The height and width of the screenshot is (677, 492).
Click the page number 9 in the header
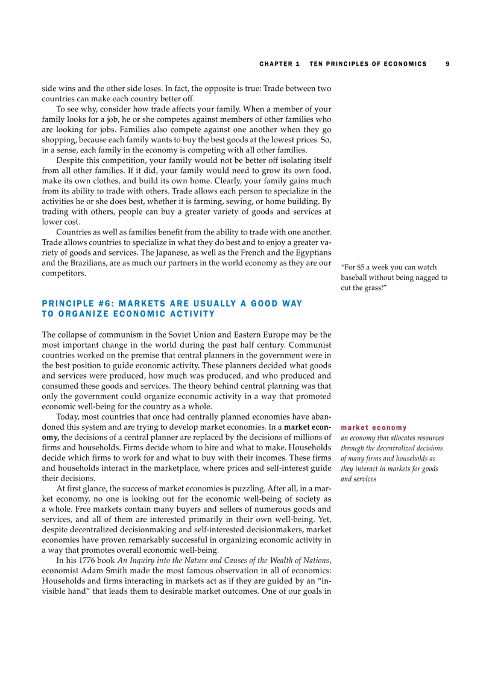pyautogui.click(x=447, y=64)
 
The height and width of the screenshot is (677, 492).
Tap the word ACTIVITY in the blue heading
pyautogui.click(x=191, y=314)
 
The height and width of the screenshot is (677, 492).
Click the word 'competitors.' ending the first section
pyautogui.click(x=63, y=273)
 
